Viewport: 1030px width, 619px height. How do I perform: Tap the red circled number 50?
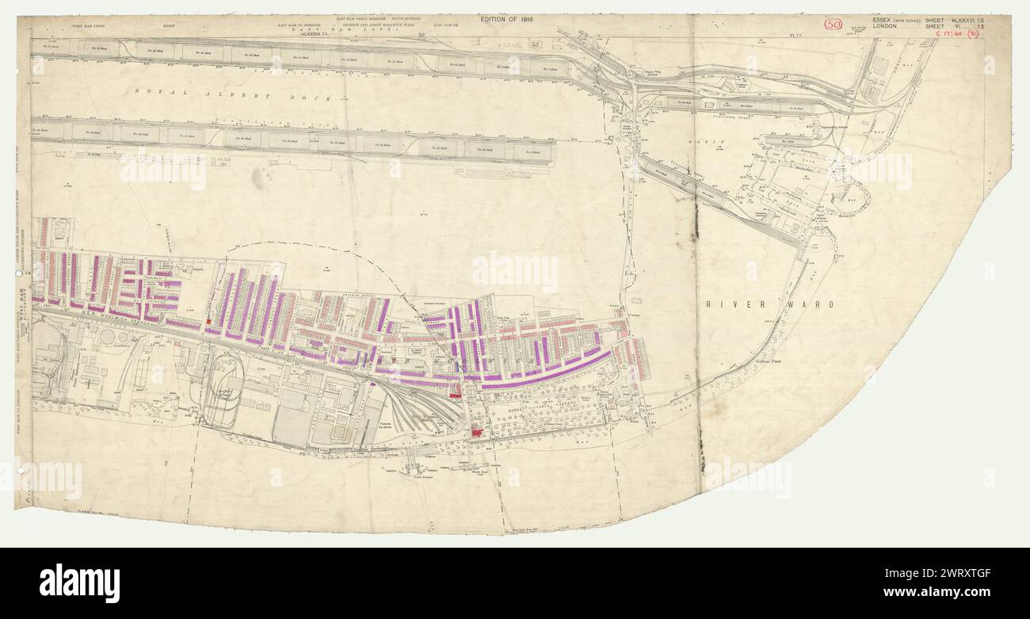833,24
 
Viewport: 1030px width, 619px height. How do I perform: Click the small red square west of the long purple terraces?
209,323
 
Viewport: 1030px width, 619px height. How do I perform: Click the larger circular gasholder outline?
107,337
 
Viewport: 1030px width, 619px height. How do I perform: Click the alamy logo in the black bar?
79,583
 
